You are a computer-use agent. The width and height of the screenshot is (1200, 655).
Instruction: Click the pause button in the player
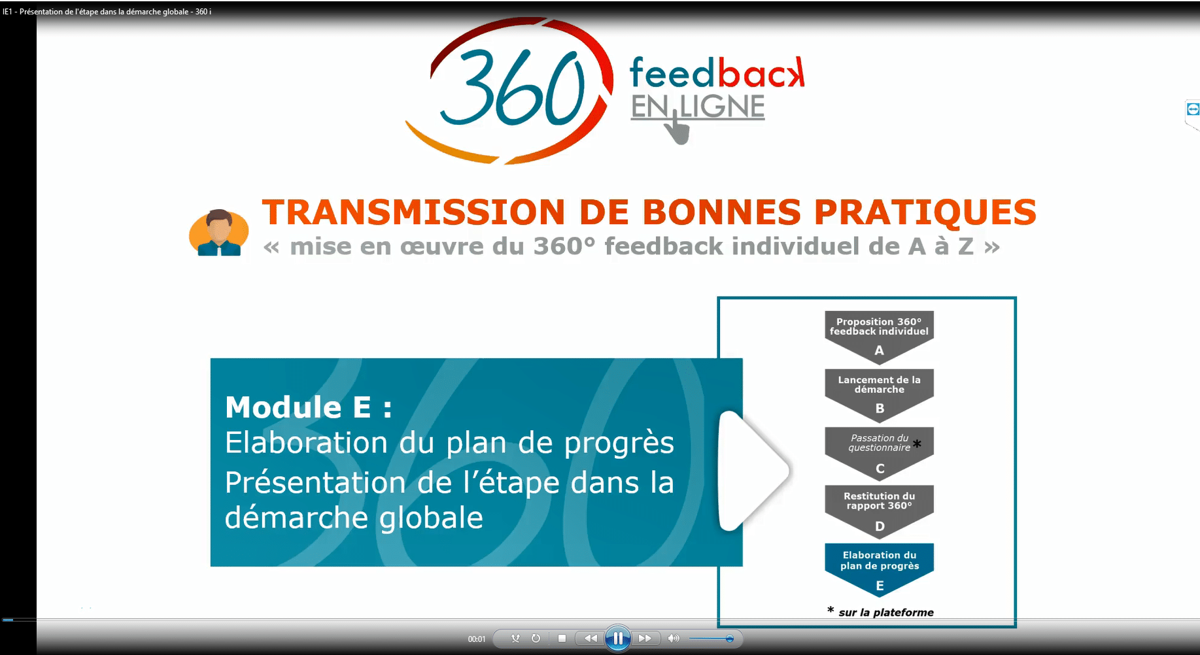pos(617,639)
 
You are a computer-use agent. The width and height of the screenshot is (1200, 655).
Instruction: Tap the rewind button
pos(591,639)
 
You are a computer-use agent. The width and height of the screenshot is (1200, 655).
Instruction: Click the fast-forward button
pos(645,639)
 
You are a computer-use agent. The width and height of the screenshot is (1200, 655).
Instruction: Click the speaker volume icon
pos(674,639)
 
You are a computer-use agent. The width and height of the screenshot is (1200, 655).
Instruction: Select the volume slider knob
pos(730,639)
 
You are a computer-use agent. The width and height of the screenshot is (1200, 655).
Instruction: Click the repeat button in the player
pos(536,639)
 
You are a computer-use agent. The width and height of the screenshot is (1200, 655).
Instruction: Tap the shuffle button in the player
pos(516,639)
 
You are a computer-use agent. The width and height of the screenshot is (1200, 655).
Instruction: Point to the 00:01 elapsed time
pos(477,639)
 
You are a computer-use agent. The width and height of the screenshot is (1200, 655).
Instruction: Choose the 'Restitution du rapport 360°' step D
pos(879,511)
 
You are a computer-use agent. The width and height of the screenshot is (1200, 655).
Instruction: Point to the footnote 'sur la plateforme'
pos(886,613)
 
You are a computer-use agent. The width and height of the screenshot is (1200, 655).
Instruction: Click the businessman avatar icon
pos(219,233)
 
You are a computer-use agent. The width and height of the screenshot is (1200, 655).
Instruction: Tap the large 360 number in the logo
pos(513,88)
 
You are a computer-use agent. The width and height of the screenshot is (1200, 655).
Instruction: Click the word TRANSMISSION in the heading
pos(413,212)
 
